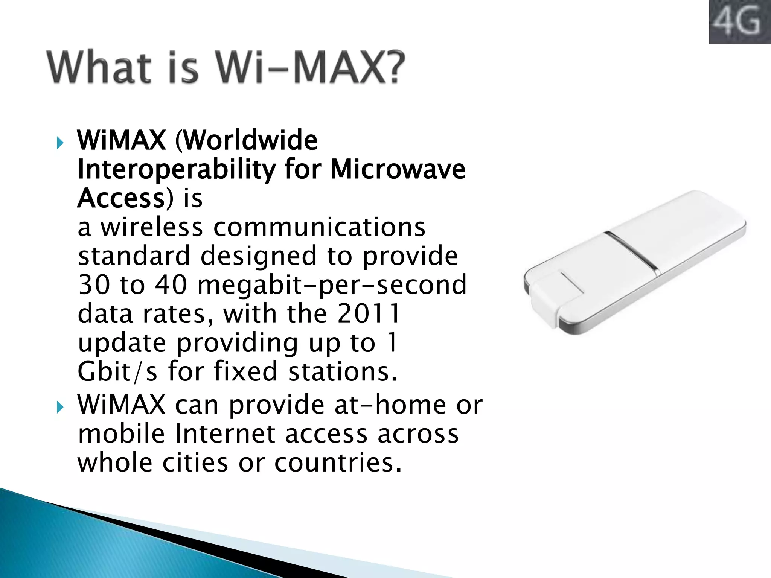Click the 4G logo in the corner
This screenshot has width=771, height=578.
739,22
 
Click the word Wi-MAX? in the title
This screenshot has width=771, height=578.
309,68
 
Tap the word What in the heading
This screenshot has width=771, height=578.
99,68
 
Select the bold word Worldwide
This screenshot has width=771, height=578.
250,140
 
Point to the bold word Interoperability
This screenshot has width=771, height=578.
176,170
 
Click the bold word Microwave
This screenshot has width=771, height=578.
398,169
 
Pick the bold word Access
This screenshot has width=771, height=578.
121,198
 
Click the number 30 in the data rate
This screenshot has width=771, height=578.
93,285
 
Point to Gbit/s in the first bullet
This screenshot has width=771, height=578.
117,372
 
